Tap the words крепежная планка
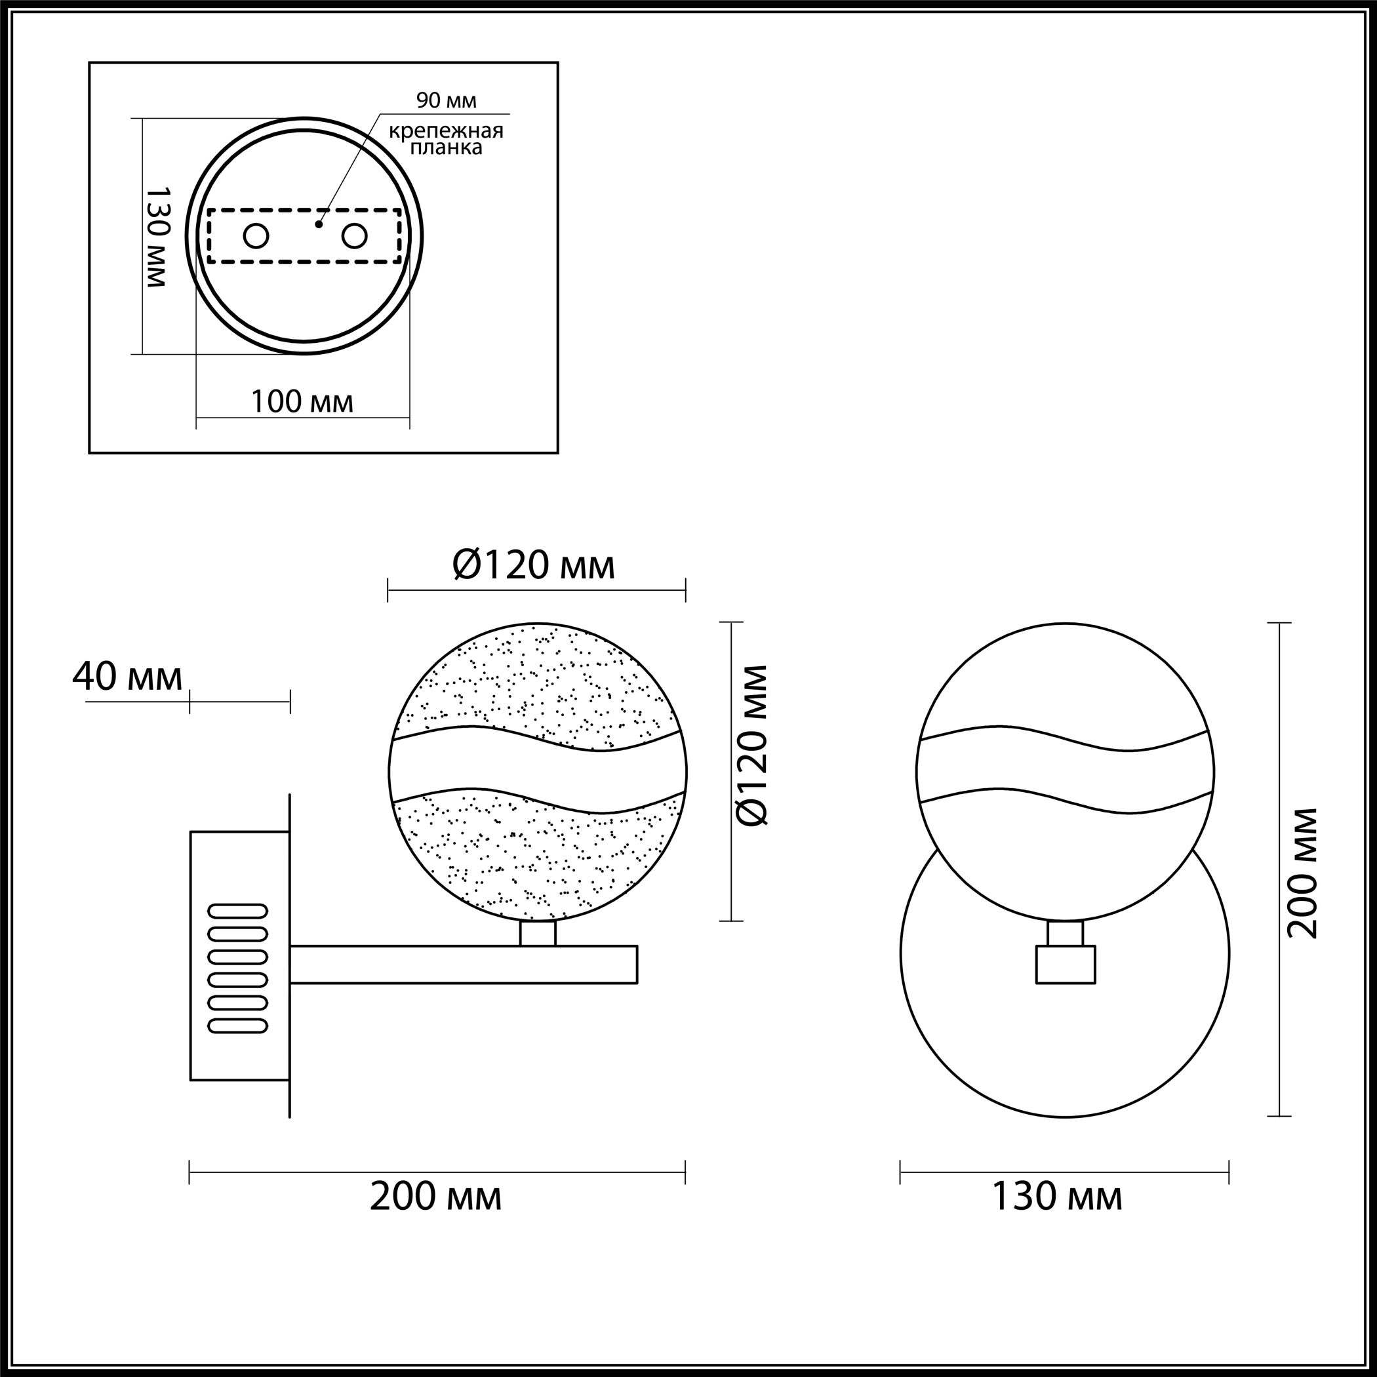(446, 139)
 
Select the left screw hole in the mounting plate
(256, 235)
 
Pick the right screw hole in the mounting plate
(354, 235)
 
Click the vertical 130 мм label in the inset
(157, 237)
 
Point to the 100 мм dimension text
(302, 402)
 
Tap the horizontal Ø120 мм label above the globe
(534, 566)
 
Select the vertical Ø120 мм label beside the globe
(753, 746)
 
